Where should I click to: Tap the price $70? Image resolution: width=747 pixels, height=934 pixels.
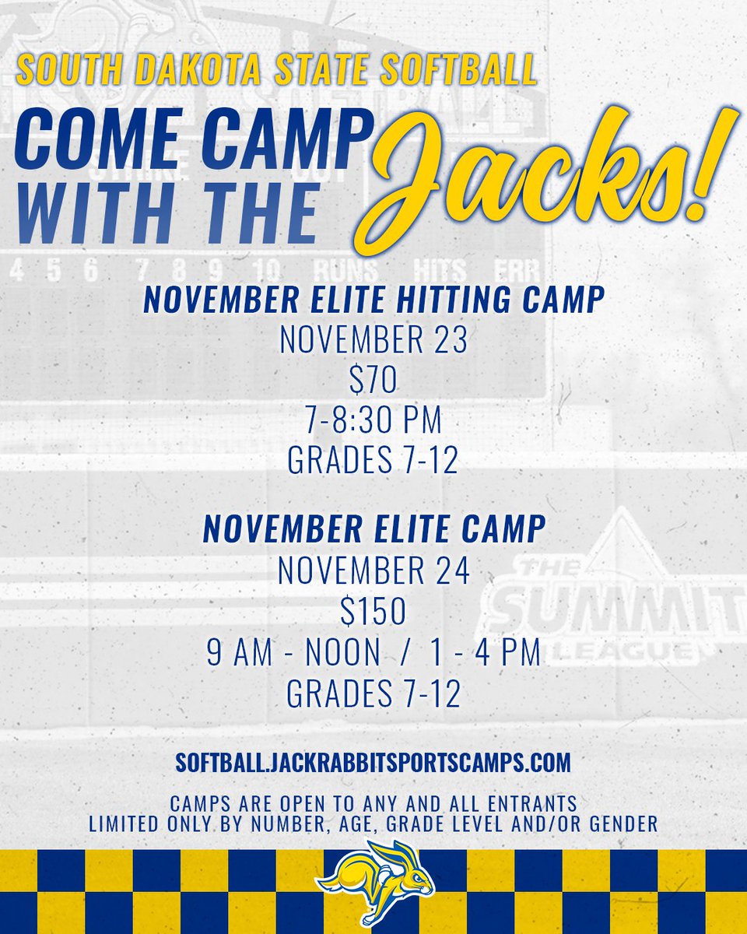click(x=373, y=381)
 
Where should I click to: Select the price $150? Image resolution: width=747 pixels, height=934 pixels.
click(x=373, y=613)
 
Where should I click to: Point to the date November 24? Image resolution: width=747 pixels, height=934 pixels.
click(x=373, y=573)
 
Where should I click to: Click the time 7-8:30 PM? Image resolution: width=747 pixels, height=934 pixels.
click(x=373, y=421)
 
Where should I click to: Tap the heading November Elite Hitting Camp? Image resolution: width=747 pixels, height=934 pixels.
click(x=373, y=301)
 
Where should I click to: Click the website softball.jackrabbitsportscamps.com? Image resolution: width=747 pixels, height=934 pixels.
click(x=373, y=762)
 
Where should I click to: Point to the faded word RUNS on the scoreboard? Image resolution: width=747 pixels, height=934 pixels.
click(x=345, y=270)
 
